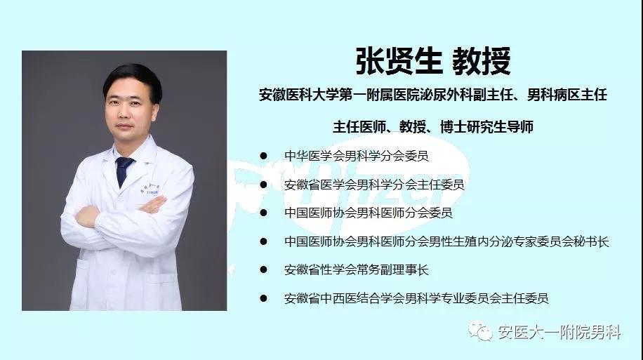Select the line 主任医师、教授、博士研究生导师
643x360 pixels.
click(x=433, y=127)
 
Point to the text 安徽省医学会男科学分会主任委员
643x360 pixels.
click(x=374, y=185)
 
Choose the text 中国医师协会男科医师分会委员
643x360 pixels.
click(x=368, y=213)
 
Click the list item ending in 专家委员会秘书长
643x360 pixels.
click(x=446, y=241)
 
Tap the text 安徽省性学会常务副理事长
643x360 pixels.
click(x=356, y=269)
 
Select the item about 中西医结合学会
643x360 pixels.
click(x=416, y=298)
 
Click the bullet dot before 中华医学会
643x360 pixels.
click(x=263, y=156)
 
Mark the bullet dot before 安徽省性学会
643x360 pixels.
click(x=263, y=269)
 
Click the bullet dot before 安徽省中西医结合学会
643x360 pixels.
click(x=263, y=298)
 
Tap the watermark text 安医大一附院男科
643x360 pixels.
click(x=558, y=332)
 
